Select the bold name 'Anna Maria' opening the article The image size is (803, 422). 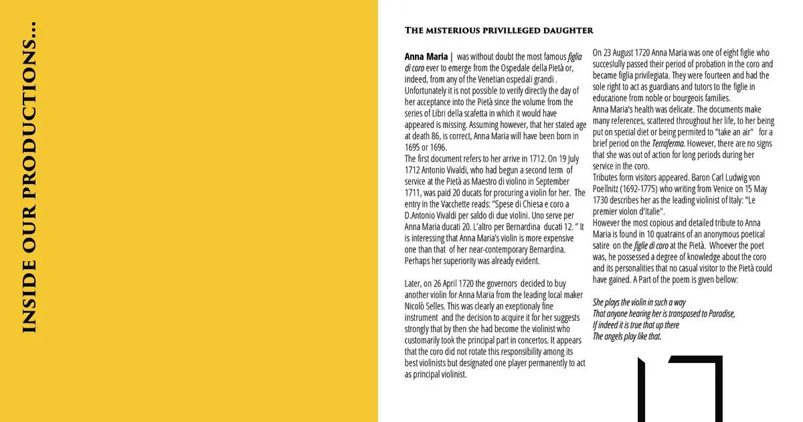point(426,57)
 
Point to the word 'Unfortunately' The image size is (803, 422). point(429,90)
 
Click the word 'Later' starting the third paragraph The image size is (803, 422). point(414,283)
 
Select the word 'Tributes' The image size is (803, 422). point(608,178)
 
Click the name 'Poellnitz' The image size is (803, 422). point(609,189)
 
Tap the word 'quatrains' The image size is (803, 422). point(702,234)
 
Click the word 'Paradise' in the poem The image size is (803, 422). point(717,313)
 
